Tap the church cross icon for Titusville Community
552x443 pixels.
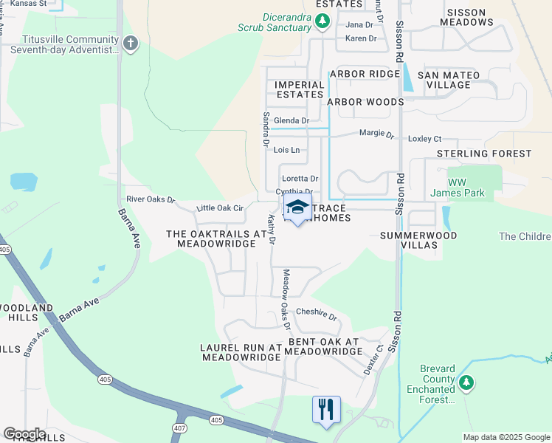[131, 44]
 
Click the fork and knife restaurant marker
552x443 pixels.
[326, 408]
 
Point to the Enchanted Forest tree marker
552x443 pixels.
[466, 382]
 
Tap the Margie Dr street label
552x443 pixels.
[376, 134]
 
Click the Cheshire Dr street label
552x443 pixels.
[316, 314]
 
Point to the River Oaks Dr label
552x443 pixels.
[150, 199]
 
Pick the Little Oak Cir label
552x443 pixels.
[219, 208]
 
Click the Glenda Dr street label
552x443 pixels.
[291, 120]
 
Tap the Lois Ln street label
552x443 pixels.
[286, 150]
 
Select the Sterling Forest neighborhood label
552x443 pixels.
[484, 154]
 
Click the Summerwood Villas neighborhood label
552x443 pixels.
[418, 241]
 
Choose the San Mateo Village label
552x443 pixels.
[449, 80]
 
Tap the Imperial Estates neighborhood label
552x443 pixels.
[300, 89]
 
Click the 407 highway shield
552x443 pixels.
[179, 428]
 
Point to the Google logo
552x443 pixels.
[24, 434]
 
